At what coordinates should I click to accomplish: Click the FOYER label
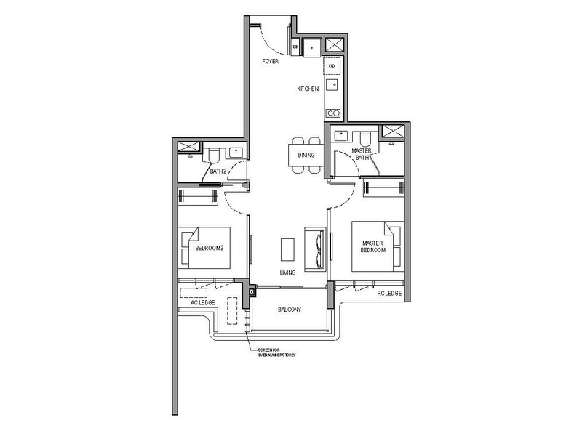tap(271, 62)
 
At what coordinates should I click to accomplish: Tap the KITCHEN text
tap(307, 88)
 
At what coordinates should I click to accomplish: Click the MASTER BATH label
tap(362, 154)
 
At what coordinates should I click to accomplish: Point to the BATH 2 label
tap(218, 171)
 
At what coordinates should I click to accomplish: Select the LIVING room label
tap(287, 272)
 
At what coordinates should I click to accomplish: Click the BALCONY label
tap(289, 310)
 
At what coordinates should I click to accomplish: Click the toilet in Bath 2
tap(215, 156)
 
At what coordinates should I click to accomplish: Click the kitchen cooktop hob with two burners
tap(332, 113)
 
